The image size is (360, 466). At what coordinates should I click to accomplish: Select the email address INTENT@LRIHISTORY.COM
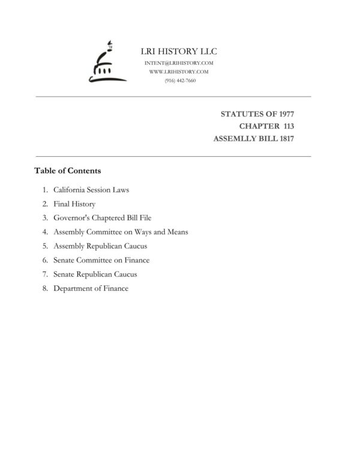coord(179,63)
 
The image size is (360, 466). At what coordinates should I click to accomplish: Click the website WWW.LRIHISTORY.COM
coord(179,71)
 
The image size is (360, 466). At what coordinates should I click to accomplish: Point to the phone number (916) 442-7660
coord(179,80)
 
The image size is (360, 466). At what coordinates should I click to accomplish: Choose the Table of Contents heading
coord(67,171)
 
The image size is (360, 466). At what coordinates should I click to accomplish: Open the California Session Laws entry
coord(91,190)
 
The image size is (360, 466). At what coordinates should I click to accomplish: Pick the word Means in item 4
coord(178,232)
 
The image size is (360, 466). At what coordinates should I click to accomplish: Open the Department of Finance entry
coord(91,288)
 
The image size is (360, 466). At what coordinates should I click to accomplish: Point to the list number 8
coord(45,288)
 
